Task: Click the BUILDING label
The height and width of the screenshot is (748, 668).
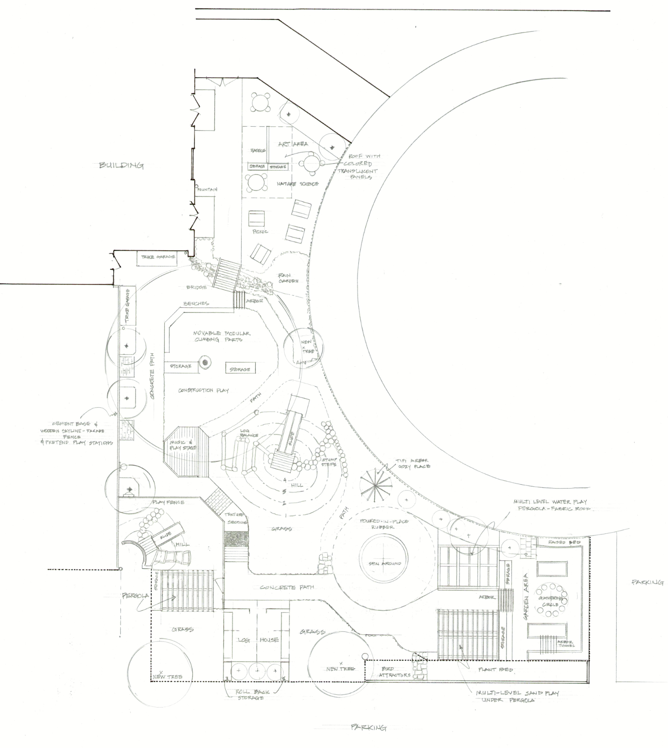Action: [121, 166]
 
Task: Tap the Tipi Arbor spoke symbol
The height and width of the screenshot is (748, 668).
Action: [375, 484]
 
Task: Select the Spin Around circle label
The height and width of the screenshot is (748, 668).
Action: [384, 563]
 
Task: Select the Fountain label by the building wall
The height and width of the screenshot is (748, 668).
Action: [207, 190]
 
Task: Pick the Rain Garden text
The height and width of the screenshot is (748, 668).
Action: [288, 278]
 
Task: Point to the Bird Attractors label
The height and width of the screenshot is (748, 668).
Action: [394, 671]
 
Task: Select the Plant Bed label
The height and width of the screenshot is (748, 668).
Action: [496, 670]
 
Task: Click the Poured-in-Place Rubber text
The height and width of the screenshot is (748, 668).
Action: [384, 524]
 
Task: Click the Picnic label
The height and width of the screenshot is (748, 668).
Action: [260, 231]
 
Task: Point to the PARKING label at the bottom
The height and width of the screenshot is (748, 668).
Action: [368, 728]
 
